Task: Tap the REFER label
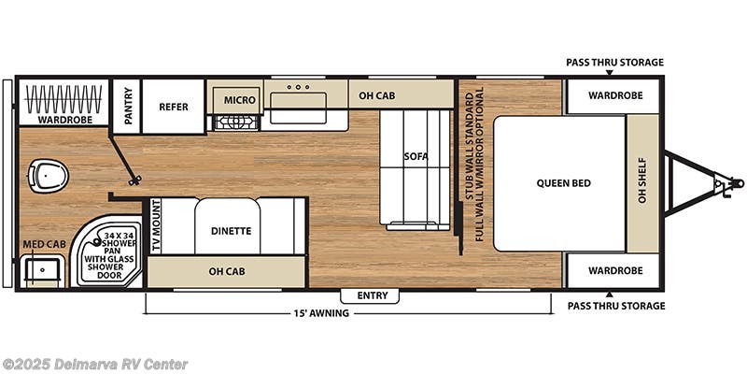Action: point(173,107)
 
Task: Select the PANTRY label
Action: point(126,106)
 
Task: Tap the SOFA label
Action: point(416,156)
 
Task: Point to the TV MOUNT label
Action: point(157,226)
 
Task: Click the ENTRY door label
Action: point(372,295)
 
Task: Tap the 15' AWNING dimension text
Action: point(318,313)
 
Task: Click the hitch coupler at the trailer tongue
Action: point(720,184)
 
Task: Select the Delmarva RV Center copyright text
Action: point(95,364)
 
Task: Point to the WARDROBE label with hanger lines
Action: point(63,120)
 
